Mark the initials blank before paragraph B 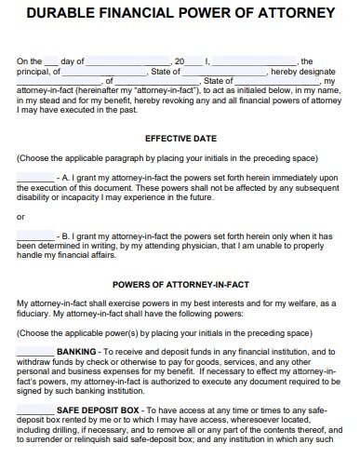(x=35, y=234)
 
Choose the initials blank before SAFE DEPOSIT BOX (x=35, y=410)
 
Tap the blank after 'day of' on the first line (x=126, y=60)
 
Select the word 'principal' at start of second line (x=35, y=71)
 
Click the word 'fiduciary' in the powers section (x=37, y=313)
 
